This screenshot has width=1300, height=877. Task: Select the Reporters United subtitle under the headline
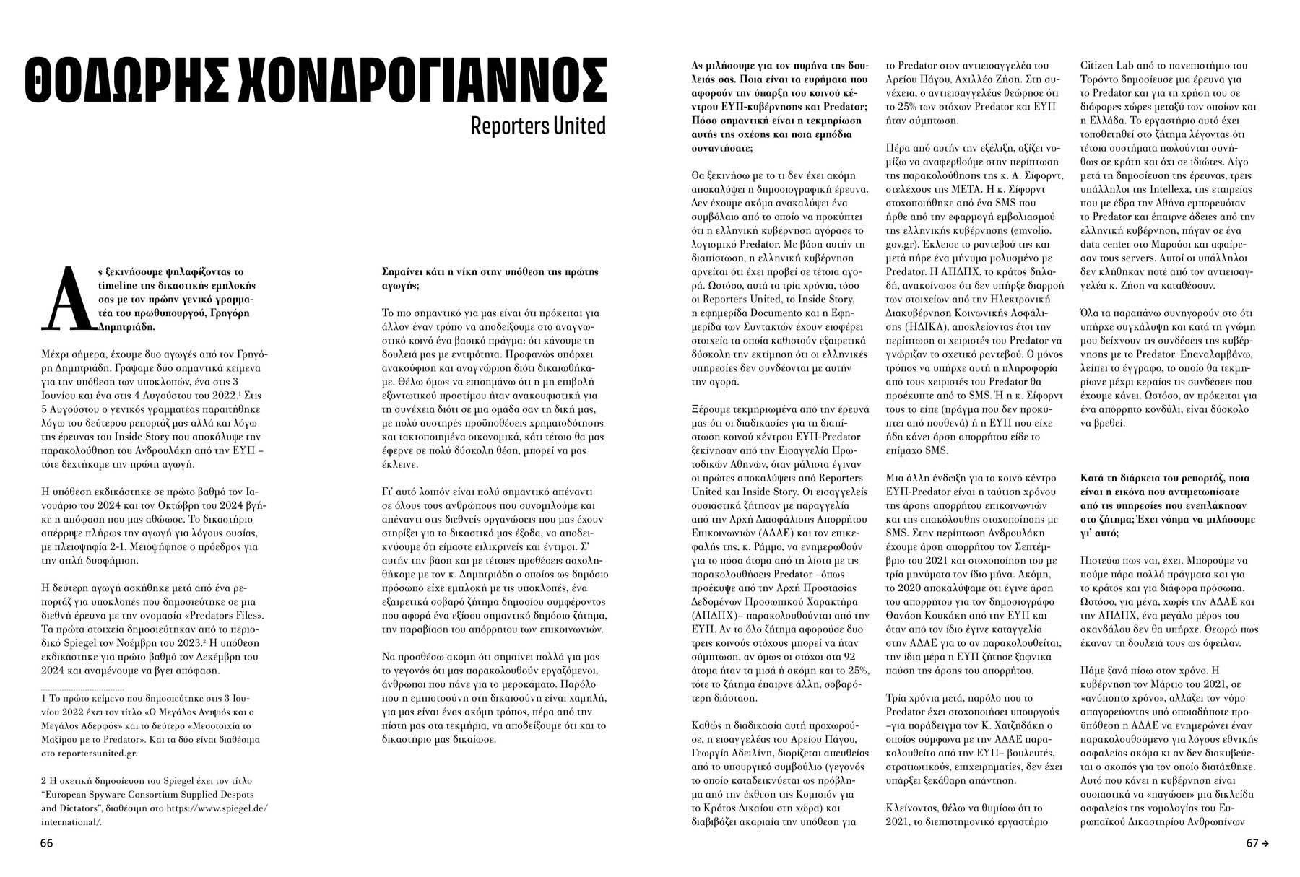pos(537,126)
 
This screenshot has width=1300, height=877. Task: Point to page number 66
pos(47,843)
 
